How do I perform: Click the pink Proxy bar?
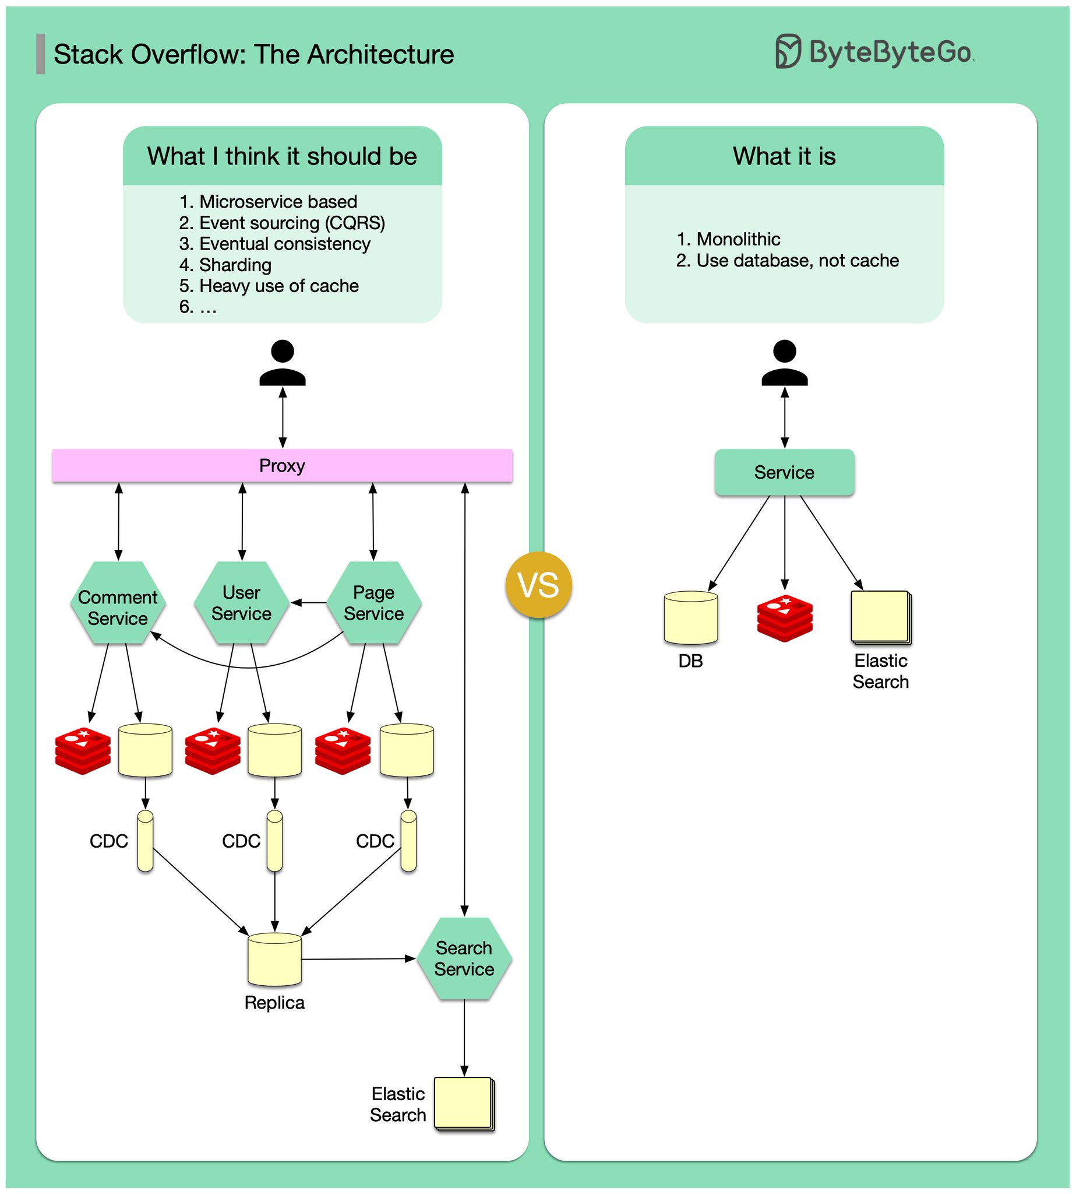point(282,466)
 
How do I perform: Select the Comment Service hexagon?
point(118,602)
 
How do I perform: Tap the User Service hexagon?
point(241,602)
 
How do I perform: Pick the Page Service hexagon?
point(373,602)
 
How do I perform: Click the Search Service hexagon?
point(464,958)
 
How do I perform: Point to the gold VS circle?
point(539,585)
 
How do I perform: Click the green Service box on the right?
point(784,472)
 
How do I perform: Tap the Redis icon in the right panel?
point(785,618)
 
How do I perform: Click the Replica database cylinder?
point(274,959)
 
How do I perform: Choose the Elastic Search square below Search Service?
point(464,1104)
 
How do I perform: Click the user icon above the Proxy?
point(283,363)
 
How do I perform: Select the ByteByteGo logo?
point(874,52)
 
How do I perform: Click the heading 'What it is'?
point(784,156)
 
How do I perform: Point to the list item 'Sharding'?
point(235,265)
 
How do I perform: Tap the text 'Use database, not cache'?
point(797,261)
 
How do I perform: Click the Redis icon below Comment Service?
point(83,750)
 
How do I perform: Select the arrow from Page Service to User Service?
point(309,603)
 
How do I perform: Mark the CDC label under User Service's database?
point(241,841)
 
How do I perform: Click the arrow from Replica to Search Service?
point(358,958)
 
